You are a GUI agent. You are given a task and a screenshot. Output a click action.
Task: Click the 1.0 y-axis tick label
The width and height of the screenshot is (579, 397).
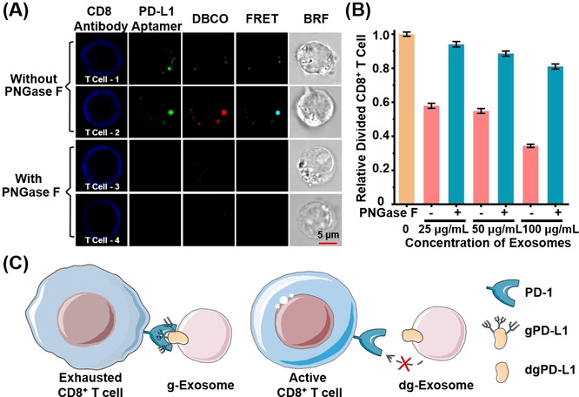[380, 36]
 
